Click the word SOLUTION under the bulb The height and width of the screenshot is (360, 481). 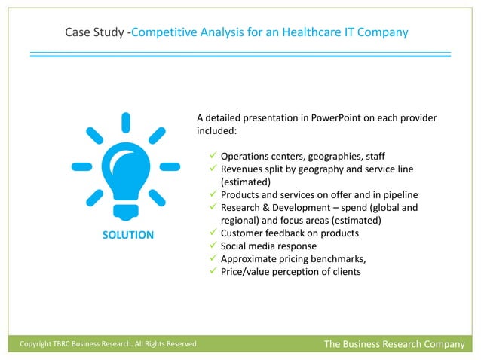tap(127, 235)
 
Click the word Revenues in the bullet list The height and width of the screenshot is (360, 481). tap(242, 169)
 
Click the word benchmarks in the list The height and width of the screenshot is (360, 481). tap(335, 258)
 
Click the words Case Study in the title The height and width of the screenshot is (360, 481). tap(94, 32)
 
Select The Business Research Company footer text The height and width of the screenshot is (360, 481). tap(394, 344)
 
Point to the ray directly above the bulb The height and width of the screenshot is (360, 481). tap(125, 122)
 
